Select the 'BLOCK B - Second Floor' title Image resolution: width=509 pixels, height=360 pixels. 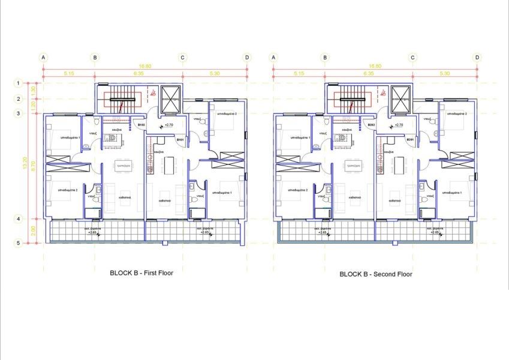click(x=376, y=274)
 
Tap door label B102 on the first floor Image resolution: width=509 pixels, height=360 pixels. click(x=141, y=125)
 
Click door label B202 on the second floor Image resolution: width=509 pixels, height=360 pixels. click(x=372, y=125)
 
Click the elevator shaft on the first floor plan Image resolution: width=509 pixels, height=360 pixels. click(x=171, y=98)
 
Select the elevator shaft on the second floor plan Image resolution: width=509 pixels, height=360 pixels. click(x=400, y=98)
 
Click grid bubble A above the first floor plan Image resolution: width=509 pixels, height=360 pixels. click(x=43, y=58)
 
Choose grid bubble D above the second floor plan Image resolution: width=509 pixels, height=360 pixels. click(x=477, y=58)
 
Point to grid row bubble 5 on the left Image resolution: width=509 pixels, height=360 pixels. click(x=19, y=243)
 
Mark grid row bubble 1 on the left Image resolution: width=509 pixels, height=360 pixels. click(x=19, y=83)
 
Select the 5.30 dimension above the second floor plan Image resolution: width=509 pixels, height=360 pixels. click(x=445, y=73)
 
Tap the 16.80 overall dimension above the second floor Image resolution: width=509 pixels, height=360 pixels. click(x=375, y=66)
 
